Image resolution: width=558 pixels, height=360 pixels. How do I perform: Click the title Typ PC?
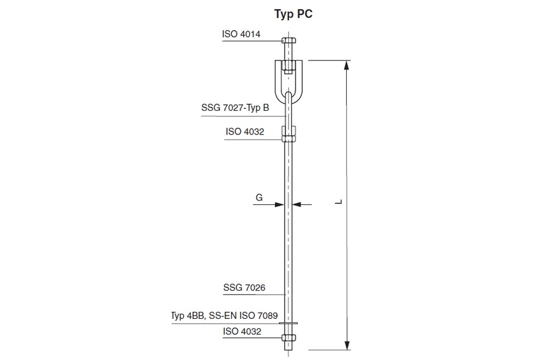coord(294,14)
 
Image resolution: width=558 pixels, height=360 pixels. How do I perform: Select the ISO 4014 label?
coord(241,34)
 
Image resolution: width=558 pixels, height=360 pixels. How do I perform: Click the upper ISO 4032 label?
coord(244,131)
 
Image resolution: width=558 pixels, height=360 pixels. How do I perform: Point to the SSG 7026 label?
coord(244,288)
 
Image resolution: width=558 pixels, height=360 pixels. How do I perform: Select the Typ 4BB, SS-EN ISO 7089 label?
coord(224,316)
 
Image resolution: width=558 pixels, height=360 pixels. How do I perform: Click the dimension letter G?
coord(259,198)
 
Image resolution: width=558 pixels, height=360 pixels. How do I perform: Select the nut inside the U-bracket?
coord(288,66)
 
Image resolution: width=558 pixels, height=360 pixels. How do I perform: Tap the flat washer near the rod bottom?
coord(288,324)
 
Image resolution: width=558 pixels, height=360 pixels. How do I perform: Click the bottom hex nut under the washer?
coord(288,337)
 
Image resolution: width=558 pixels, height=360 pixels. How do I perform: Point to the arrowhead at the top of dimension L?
coord(347,65)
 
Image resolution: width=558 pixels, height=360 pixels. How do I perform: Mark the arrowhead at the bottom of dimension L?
coord(347,344)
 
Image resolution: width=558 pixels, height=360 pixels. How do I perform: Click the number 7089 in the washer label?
coord(267,316)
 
